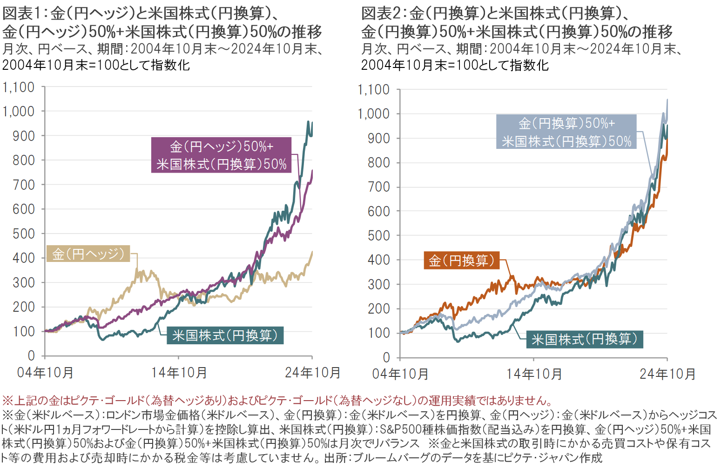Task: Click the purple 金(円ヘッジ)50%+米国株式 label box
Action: coord(221,155)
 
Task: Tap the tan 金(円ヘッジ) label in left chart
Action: coord(88,254)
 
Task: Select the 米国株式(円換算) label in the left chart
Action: coord(225,335)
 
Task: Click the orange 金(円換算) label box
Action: coord(461,261)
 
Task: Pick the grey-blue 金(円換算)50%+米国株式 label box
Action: coord(566,132)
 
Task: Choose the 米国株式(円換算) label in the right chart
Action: coord(585,339)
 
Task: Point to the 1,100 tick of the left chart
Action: coord(19,87)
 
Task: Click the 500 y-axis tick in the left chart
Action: coord(24,234)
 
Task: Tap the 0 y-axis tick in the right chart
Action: coord(386,357)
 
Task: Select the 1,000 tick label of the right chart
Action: coord(373,114)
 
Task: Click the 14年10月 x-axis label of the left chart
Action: coord(179,372)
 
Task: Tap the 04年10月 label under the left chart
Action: coord(45,372)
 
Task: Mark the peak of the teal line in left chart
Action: coord(308,121)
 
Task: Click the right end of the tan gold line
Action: coord(312,252)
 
